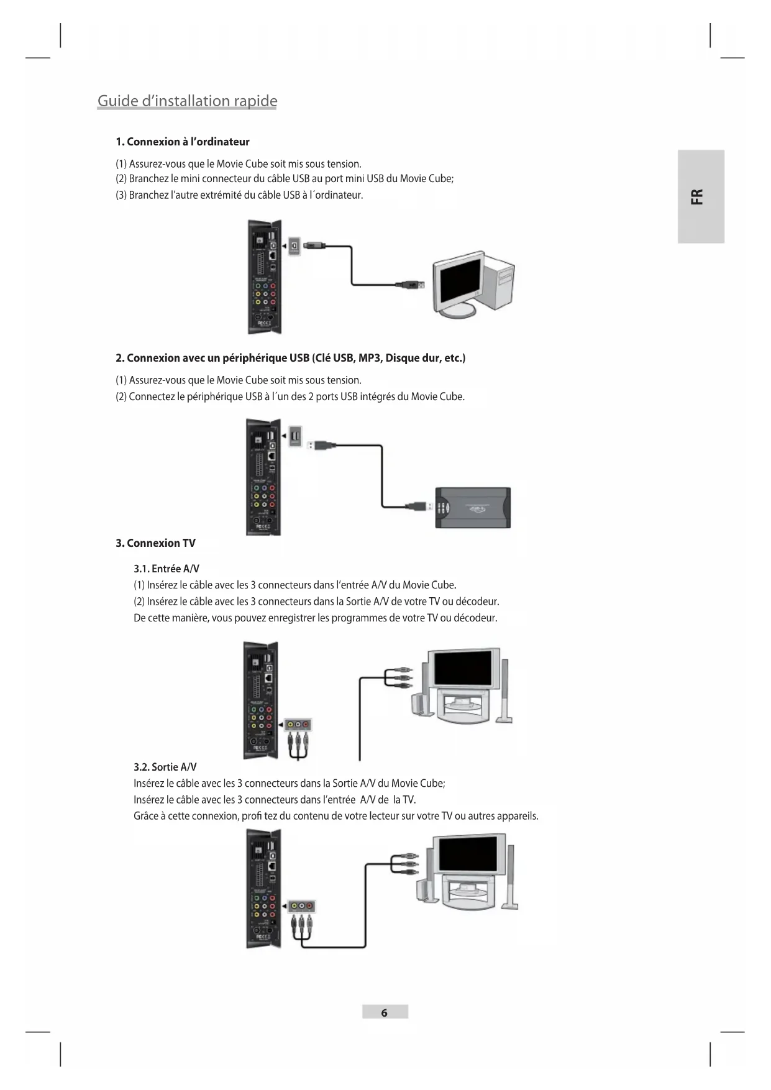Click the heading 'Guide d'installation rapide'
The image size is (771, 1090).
(187, 101)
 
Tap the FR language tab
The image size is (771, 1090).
(700, 196)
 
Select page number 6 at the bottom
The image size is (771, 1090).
(385, 1012)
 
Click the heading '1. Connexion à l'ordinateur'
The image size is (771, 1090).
(182, 142)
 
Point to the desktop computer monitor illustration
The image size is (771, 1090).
(458, 283)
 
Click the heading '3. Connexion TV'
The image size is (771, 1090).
(155, 543)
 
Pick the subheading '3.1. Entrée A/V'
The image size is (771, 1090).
(166, 569)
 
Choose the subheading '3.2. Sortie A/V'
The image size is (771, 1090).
(165, 767)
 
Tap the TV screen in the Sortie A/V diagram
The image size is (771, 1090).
(468, 854)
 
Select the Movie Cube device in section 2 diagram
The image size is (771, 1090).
(264, 477)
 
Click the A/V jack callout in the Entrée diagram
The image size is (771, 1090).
(298, 725)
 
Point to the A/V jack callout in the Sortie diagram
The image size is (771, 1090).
(302, 906)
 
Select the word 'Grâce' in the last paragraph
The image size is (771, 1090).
(146, 816)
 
